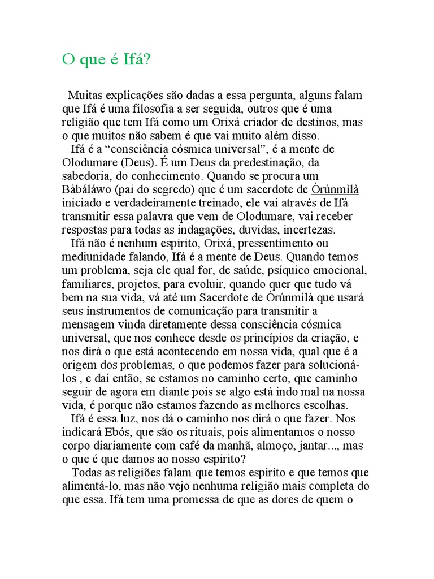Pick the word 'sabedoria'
coord(86,176)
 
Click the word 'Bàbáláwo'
coord(87,189)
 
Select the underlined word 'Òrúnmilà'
coord(335,189)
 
